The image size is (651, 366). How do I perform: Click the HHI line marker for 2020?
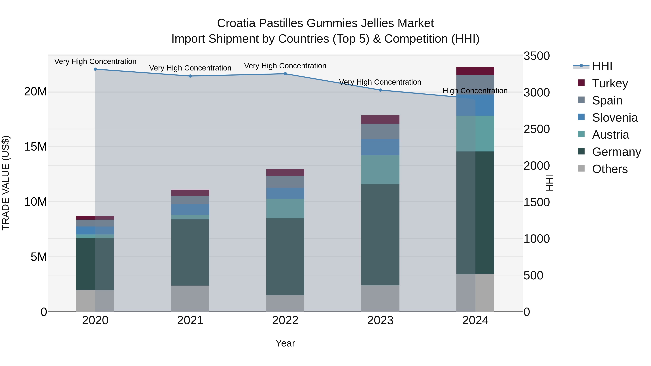pyautogui.click(x=95, y=69)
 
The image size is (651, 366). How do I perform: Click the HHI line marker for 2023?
pyautogui.click(x=380, y=90)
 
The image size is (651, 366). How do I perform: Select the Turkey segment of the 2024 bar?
pyautogui.click(x=475, y=71)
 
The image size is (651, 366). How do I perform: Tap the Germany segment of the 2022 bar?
pyautogui.click(x=285, y=257)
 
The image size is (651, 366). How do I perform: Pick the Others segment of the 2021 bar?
pyautogui.click(x=190, y=299)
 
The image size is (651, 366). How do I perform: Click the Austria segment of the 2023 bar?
pyautogui.click(x=380, y=170)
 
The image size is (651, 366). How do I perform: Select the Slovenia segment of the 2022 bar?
pyautogui.click(x=285, y=193)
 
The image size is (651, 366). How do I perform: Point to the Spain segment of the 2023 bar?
pyautogui.click(x=380, y=132)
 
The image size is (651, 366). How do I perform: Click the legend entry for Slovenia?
pyautogui.click(x=615, y=118)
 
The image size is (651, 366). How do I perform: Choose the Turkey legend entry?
pyautogui.click(x=610, y=83)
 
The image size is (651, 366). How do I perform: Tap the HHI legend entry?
pyautogui.click(x=602, y=66)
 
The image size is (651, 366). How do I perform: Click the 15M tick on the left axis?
pyautogui.click(x=35, y=147)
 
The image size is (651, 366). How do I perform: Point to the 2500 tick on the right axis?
pyautogui.click(x=536, y=129)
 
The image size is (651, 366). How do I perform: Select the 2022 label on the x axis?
pyautogui.click(x=285, y=320)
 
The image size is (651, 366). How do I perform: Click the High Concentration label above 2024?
pyautogui.click(x=475, y=91)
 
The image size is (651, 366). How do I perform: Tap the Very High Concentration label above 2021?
pyautogui.click(x=190, y=68)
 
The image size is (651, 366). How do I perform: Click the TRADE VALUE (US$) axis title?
pyautogui.click(x=6, y=183)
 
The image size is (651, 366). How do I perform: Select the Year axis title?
pyautogui.click(x=285, y=343)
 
